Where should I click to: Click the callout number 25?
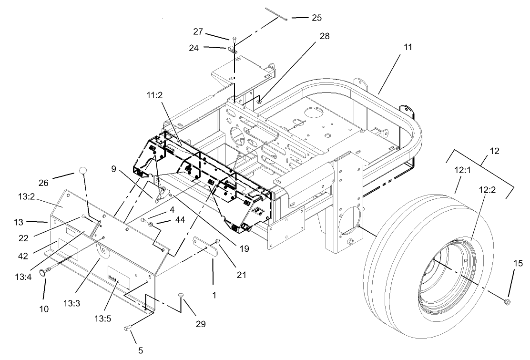(x=316, y=18)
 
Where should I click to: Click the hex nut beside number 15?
(x=507, y=301)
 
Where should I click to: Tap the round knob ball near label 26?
(x=83, y=171)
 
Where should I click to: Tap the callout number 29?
(x=200, y=324)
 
